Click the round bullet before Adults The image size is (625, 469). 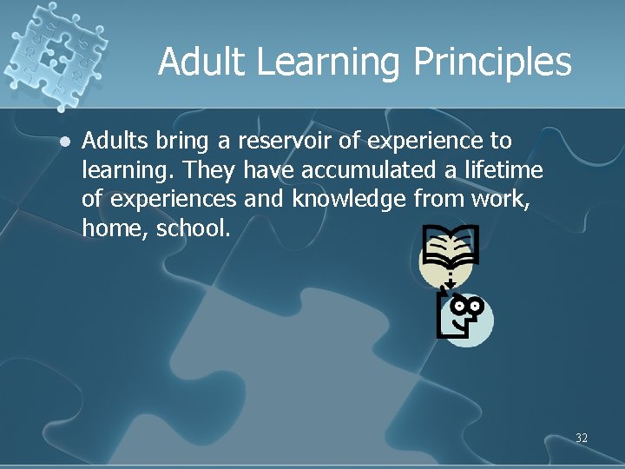point(61,140)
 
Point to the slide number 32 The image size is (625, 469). point(581,438)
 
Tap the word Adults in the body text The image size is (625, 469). point(115,140)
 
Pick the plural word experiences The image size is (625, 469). point(171,199)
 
